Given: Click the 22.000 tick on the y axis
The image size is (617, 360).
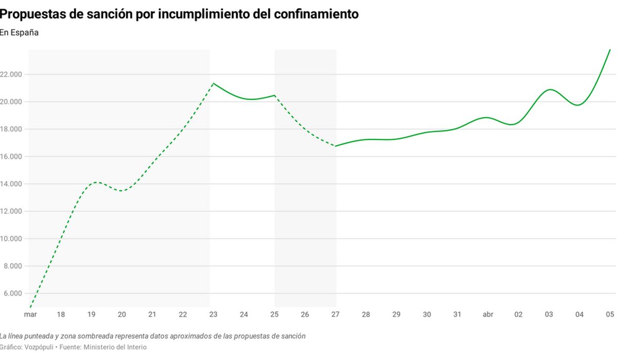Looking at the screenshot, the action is pos(11,75).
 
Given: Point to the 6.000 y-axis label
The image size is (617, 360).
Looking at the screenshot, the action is pos(13,293).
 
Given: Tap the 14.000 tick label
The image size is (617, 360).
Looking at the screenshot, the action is pos(11,184).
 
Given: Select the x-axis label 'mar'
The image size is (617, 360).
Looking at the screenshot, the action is pos(30,314).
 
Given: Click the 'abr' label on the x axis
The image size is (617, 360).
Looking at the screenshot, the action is pos(488,314).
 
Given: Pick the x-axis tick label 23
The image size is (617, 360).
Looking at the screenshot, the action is pos(213,314).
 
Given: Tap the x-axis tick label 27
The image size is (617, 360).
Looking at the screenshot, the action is pos(335,314).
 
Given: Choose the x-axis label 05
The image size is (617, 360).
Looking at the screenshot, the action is pos(610,314).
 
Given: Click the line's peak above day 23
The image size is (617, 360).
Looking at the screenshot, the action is pos(213,83).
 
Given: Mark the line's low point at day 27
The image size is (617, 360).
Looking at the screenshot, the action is pos(335,146).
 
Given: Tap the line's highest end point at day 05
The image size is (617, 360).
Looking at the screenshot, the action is pos(610,50).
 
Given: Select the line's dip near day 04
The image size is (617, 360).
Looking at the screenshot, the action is pos(577,105).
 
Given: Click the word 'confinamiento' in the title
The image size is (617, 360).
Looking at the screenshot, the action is pos(316,14).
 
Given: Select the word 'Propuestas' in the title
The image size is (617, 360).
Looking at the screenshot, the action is pos(33,14).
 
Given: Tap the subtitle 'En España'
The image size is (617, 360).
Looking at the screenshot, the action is pos(19,32).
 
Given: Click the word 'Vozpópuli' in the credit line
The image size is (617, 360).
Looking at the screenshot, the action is pos(39,347).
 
